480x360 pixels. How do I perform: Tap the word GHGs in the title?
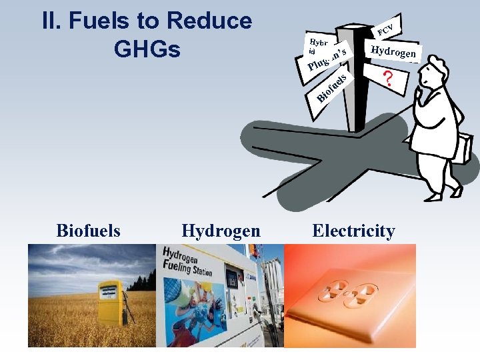147,49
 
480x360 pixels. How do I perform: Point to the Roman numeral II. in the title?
51,21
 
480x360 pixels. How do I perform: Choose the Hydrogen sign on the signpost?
393,52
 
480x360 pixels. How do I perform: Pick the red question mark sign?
387,79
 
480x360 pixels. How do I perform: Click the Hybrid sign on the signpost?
315,43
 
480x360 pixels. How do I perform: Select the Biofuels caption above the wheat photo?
88,231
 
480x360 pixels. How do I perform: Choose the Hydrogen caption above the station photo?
221,231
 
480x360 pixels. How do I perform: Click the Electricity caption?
353,231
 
